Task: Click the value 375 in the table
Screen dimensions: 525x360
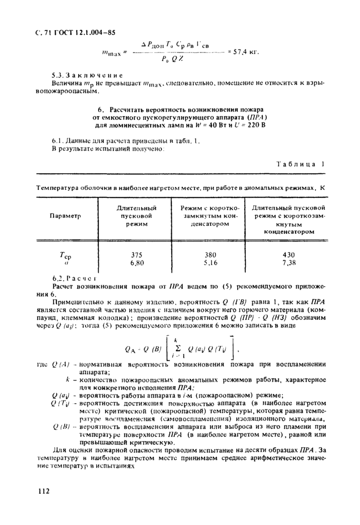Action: point(136,255)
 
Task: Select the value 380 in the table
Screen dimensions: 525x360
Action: point(210,255)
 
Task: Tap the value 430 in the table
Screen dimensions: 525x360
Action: point(289,255)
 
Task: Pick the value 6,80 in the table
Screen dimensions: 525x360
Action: point(136,263)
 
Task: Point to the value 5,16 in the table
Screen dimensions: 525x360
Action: point(210,263)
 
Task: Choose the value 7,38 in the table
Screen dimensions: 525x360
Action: point(289,263)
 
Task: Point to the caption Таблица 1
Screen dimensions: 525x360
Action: point(301,165)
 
